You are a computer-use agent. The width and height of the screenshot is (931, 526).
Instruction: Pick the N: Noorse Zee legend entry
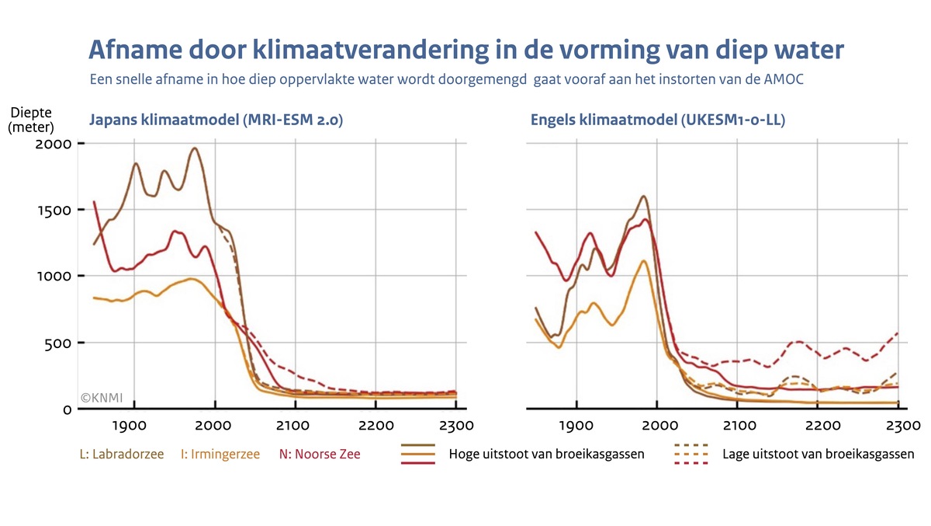pyautogui.click(x=320, y=455)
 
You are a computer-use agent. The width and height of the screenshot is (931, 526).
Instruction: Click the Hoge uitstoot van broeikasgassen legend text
pyautogui.click(x=546, y=455)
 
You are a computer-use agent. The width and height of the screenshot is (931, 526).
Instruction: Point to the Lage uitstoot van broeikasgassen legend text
pyautogui.click(x=818, y=455)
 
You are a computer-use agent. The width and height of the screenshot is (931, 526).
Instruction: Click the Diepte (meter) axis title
pyautogui.click(x=31, y=120)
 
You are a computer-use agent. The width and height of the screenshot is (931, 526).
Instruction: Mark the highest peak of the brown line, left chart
pyautogui.click(x=195, y=148)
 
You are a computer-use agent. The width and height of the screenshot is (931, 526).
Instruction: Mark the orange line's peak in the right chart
pyautogui.click(x=643, y=260)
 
